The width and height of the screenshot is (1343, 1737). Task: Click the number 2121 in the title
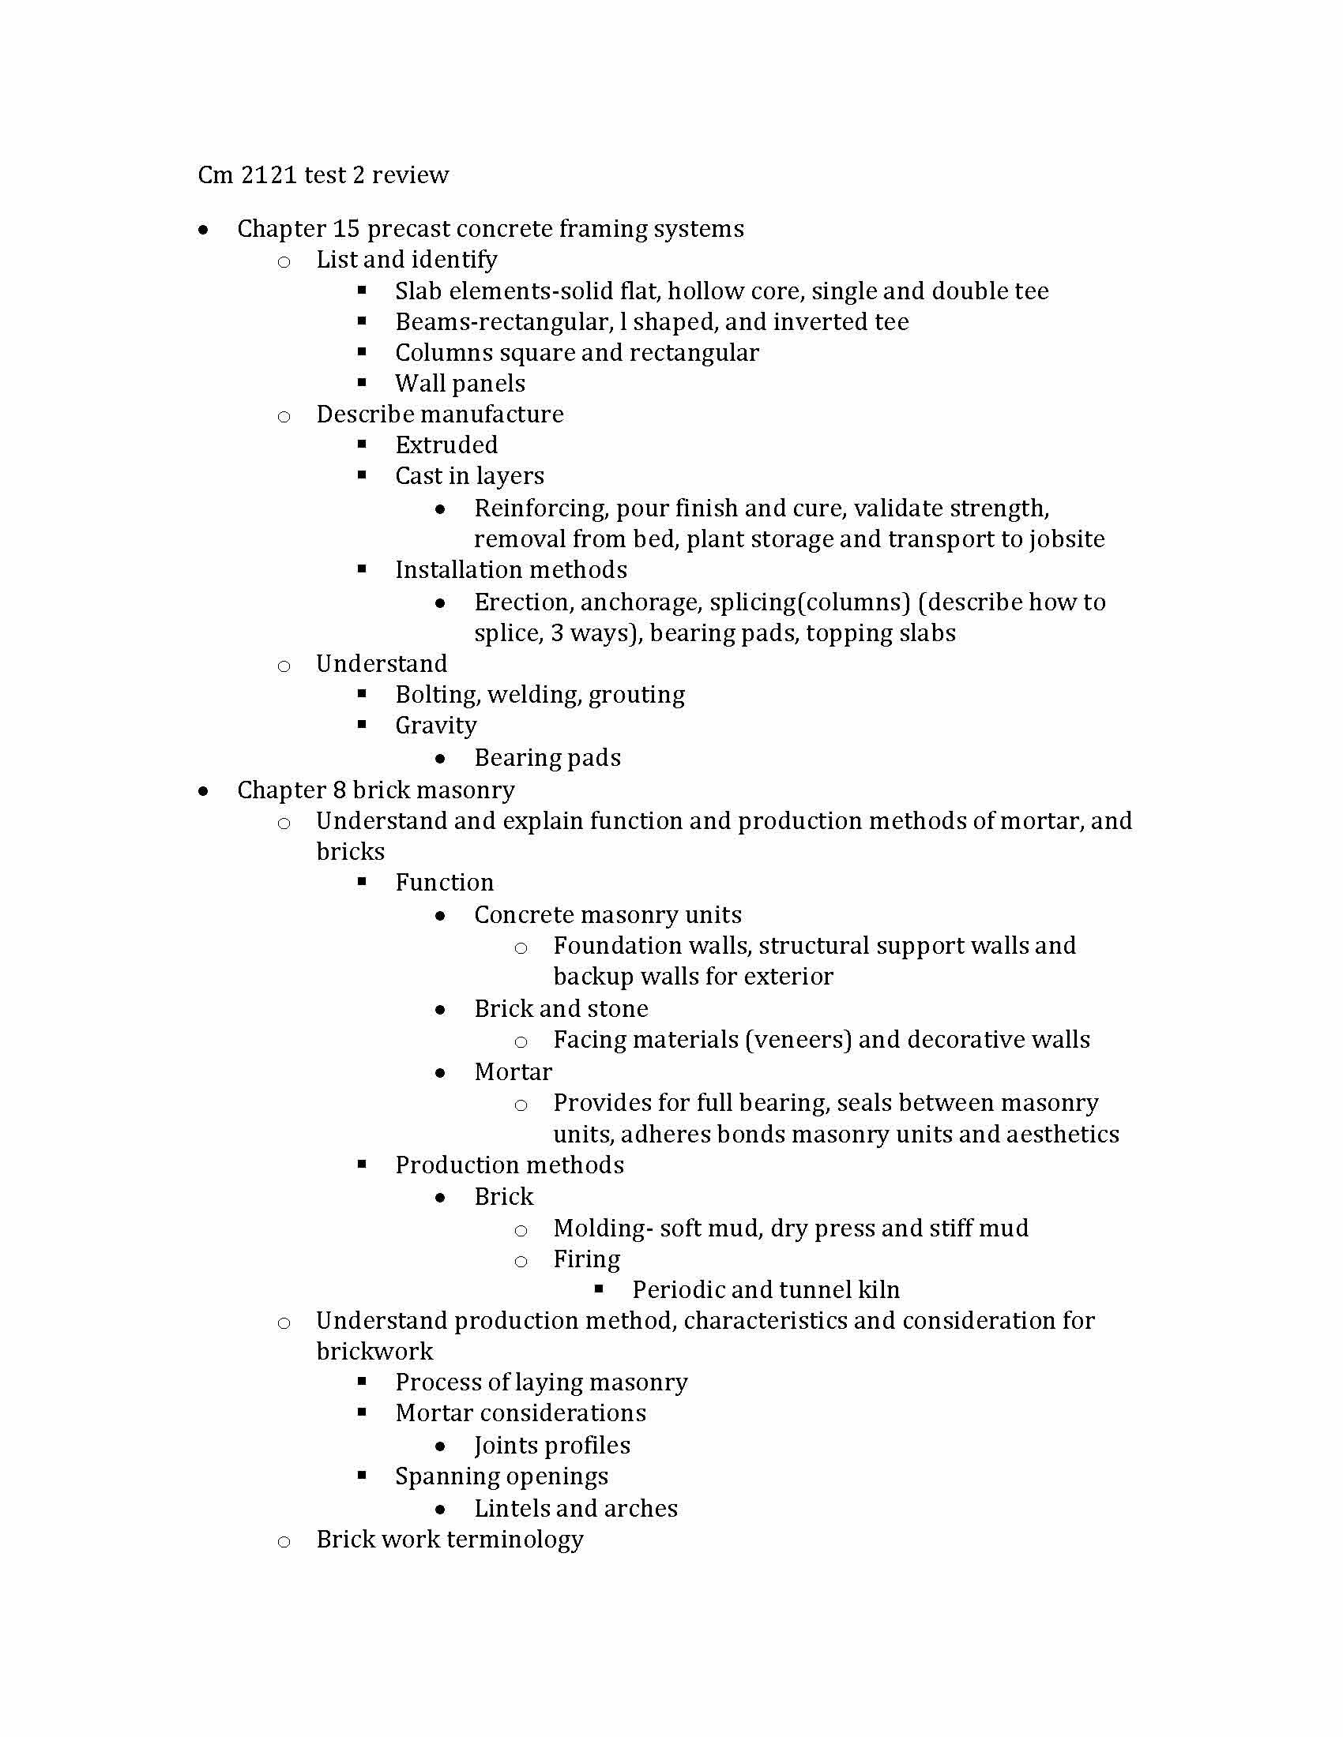[x=268, y=175]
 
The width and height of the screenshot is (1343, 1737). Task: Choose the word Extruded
[x=446, y=445]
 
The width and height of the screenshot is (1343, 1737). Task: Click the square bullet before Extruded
[x=362, y=444]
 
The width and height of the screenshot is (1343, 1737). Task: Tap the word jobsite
[x=1067, y=539]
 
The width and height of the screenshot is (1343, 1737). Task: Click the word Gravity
[x=436, y=726]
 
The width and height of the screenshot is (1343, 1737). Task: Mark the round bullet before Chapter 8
[x=205, y=790]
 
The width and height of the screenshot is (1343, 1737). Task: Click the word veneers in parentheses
[x=798, y=1041]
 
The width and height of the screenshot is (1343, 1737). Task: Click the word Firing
[x=586, y=1260]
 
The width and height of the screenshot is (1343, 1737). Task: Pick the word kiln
[x=878, y=1290]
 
